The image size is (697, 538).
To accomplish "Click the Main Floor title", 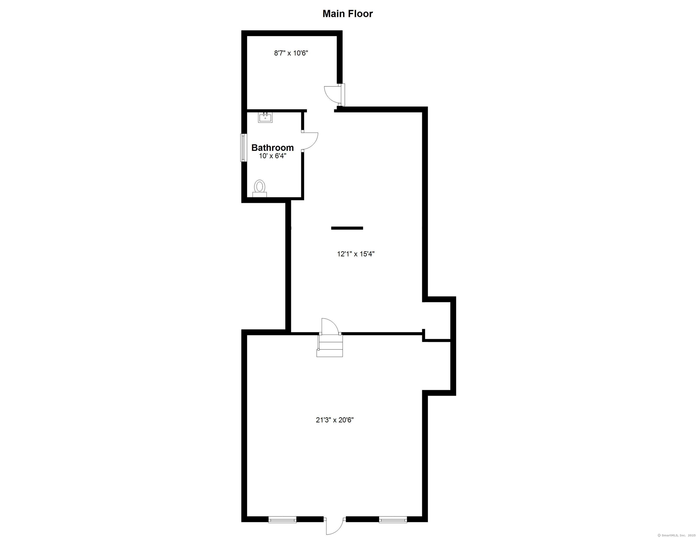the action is (x=348, y=14).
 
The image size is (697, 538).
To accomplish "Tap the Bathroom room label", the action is (x=273, y=148).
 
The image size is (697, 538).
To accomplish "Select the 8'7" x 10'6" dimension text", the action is (x=291, y=53).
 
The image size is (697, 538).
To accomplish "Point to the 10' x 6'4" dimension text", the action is (x=273, y=156).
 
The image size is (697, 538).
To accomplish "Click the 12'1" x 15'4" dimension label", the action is (x=356, y=254).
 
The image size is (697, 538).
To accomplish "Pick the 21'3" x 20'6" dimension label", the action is (x=335, y=420).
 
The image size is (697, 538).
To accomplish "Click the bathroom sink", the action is (x=265, y=117).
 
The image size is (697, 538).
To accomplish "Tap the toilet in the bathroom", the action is (x=259, y=188).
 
